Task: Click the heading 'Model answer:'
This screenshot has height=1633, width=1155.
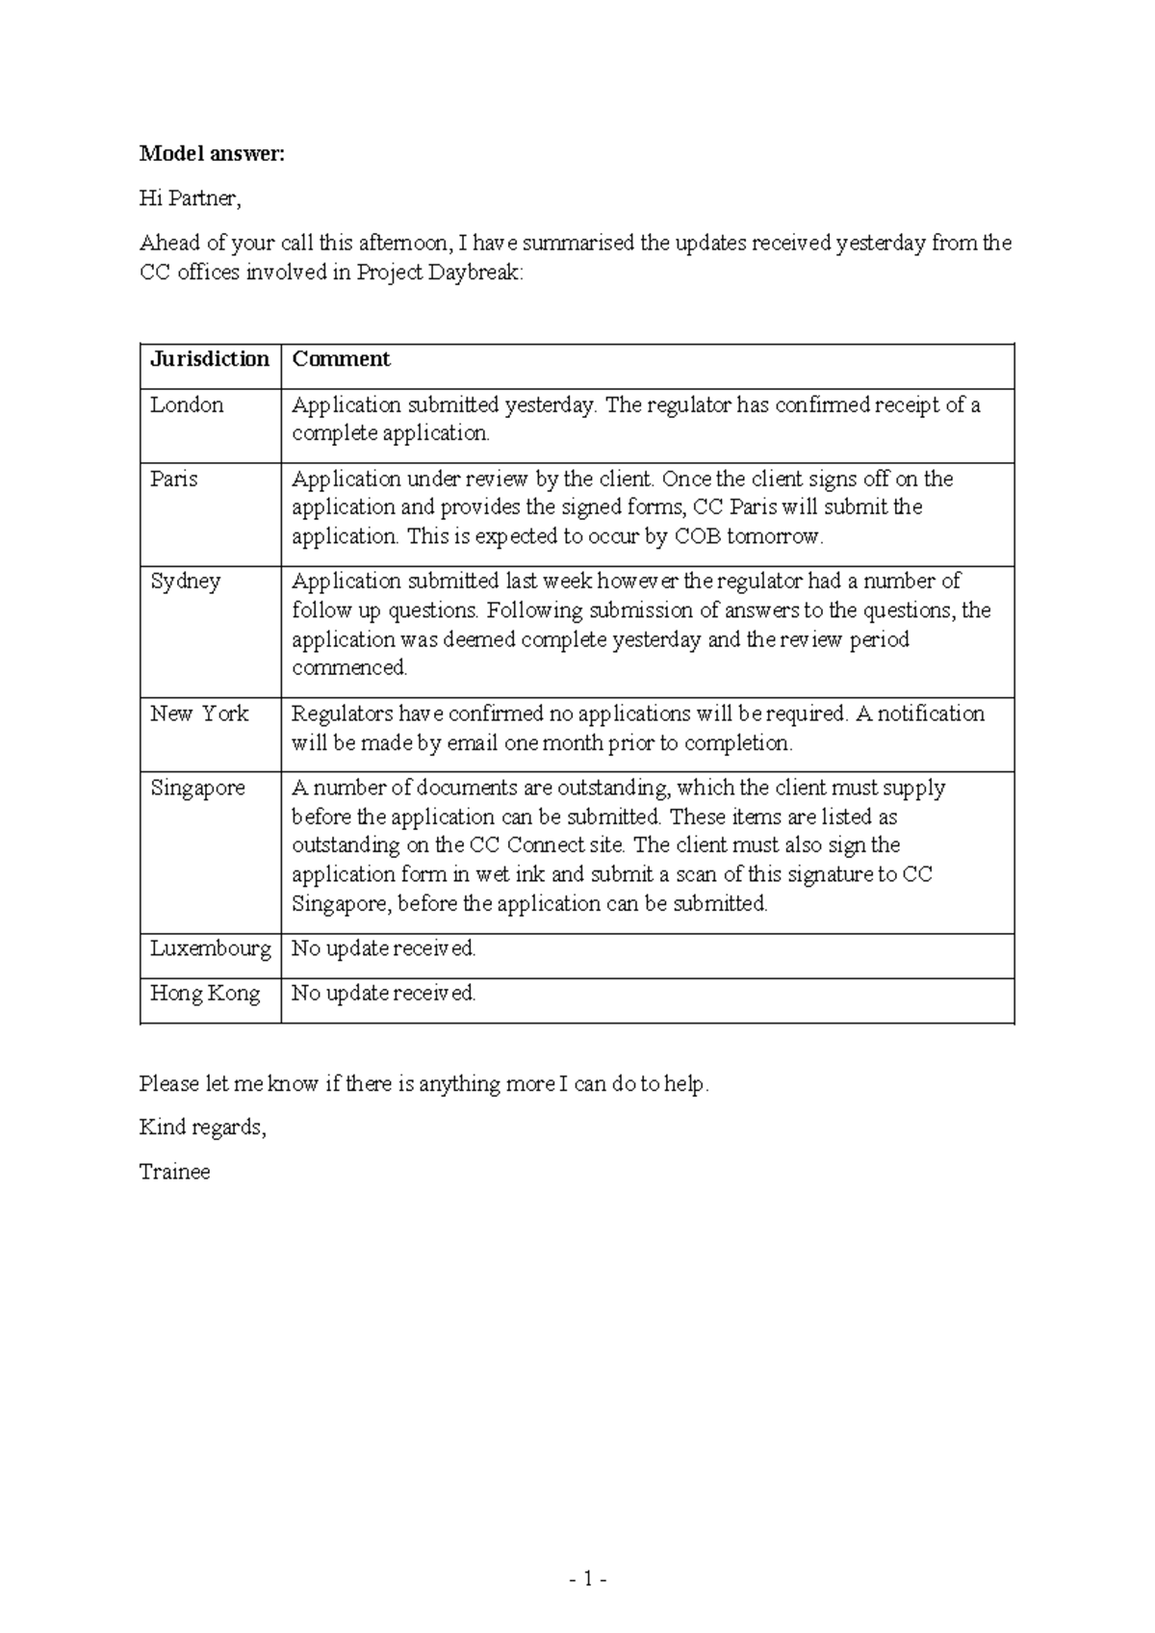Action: point(212,154)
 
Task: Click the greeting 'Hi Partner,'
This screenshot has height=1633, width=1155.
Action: point(190,198)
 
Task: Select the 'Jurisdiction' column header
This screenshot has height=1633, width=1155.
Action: point(210,359)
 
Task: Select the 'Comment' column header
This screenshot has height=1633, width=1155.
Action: point(341,359)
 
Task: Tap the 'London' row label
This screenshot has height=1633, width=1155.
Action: point(187,404)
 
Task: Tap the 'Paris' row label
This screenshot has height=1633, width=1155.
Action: point(173,479)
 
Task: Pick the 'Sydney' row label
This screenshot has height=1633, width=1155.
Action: point(185,581)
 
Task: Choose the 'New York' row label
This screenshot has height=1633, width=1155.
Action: point(199,713)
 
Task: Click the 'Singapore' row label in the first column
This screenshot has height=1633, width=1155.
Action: point(197,788)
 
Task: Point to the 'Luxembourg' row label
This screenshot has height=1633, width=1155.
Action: point(210,948)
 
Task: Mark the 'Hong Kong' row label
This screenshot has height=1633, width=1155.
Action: point(205,993)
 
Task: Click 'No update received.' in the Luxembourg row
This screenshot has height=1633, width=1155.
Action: point(383,948)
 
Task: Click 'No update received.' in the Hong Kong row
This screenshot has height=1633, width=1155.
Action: point(383,993)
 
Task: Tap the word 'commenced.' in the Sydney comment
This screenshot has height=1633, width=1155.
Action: point(349,667)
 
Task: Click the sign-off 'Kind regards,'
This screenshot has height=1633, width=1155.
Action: point(202,1128)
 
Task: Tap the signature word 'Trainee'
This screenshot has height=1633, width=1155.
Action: point(174,1172)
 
